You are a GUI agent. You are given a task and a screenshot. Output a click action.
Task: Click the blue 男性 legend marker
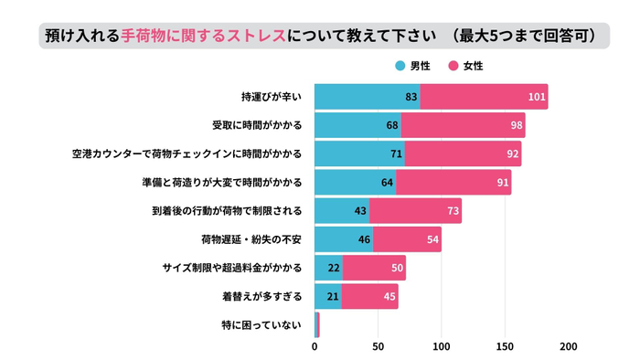[x=400, y=66]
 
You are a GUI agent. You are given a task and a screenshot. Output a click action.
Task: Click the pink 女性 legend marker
[x=453, y=66]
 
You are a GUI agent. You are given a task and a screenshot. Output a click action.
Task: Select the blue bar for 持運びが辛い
[x=367, y=97]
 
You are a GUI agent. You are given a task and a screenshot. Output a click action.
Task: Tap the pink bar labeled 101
[x=484, y=97]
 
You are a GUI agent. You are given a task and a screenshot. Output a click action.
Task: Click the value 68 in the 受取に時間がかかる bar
[x=392, y=125]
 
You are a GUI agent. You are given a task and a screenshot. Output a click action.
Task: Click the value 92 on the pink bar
[x=512, y=154]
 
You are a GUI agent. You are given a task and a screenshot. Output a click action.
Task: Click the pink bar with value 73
[x=415, y=211]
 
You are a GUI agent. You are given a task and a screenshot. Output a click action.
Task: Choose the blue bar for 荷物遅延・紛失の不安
[x=344, y=239]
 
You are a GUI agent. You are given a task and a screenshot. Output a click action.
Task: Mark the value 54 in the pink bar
[x=432, y=239]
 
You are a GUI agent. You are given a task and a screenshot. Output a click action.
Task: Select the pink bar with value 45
[x=369, y=297]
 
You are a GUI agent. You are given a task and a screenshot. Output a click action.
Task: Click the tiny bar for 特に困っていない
[x=317, y=325]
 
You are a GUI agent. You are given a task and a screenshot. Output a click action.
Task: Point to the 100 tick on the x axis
[x=442, y=347]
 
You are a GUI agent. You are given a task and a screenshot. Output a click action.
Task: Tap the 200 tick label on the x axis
[x=568, y=347]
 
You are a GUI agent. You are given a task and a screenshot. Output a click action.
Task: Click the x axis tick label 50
[x=379, y=347]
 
